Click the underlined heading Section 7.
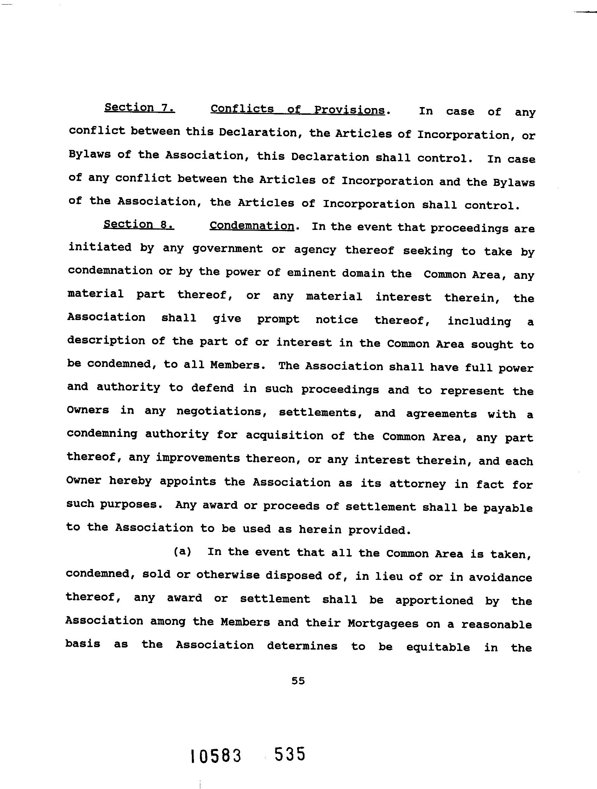coord(139,108)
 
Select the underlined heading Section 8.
coord(139,224)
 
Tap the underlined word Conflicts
coord(242,109)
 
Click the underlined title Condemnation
coord(252,226)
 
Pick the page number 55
coord(298,681)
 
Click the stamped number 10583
coord(216,756)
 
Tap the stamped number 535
coord(290,754)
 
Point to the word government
coord(227,249)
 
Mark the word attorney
coord(417,484)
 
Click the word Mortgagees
coord(383,624)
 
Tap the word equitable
coord(438,647)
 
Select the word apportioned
coord(434,601)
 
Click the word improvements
coord(198,458)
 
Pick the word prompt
coord(278,319)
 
